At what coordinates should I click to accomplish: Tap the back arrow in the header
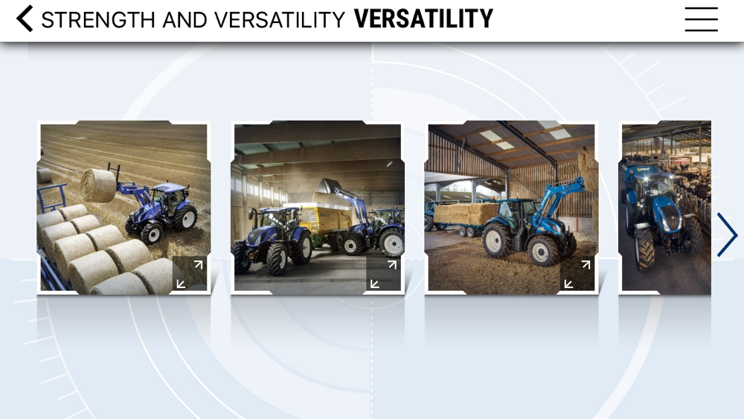click(25, 19)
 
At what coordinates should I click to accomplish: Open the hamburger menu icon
click(701, 19)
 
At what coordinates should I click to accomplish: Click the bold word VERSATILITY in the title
click(423, 19)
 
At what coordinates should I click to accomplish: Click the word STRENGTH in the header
click(98, 20)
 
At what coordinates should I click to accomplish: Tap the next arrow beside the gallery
click(728, 235)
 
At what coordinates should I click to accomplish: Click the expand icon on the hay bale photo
click(189, 274)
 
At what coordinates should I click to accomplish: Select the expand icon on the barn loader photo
click(383, 274)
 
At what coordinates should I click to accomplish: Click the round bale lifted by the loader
click(98, 185)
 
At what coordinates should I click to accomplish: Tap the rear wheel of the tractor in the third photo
click(496, 240)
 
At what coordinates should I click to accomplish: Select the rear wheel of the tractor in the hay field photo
click(185, 217)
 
